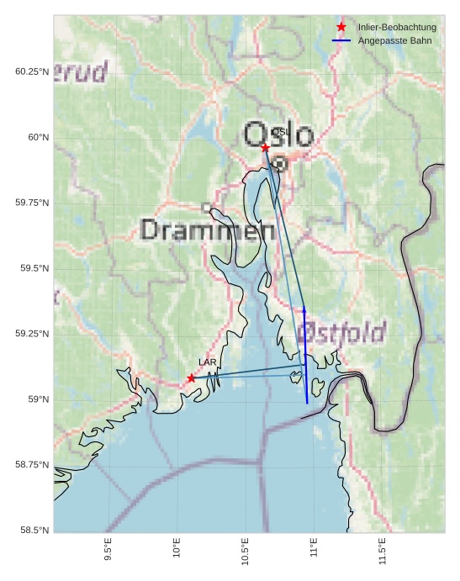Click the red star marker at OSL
point(265,148)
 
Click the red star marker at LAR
point(192,378)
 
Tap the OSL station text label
point(280,132)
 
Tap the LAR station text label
point(208,362)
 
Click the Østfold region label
point(343,330)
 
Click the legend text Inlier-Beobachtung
point(397,28)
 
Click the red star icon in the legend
point(341,27)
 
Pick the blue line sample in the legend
point(341,40)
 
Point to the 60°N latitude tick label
point(33,137)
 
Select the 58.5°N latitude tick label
point(33,530)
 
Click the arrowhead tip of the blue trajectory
point(304,309)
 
